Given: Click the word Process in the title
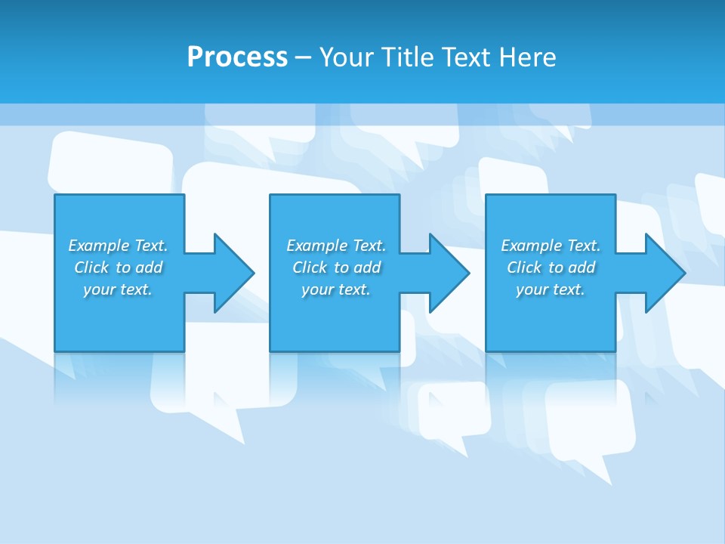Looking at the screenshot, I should click(237, 57).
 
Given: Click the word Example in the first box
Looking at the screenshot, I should click(98, 246).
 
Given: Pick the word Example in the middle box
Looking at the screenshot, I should click(316, 246).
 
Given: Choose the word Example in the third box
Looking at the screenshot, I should click(531, 246).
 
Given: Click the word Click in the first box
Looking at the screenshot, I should click(91, 267).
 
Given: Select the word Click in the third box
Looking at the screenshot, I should click(524, 267).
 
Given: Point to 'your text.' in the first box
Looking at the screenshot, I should click(118, 289).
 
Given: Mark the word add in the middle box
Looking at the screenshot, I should click(367, 267).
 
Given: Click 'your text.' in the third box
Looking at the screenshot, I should click(550, 289).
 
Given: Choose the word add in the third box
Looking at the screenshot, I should click(582, 267).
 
